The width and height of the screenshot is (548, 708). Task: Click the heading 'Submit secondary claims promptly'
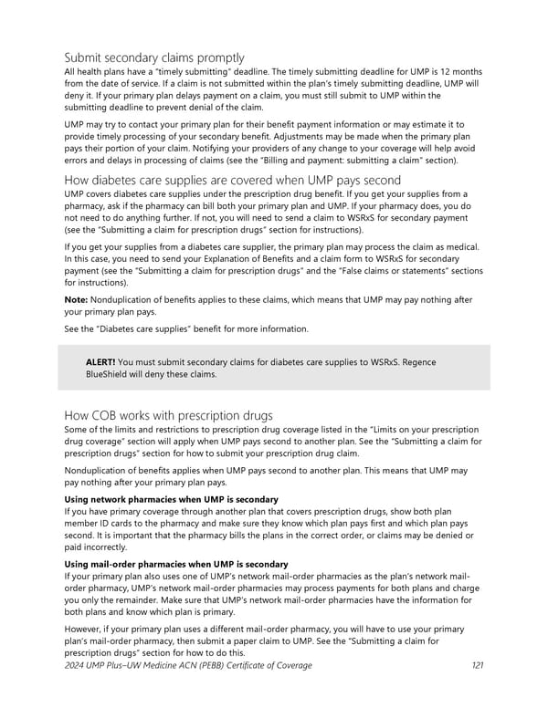(153, 57)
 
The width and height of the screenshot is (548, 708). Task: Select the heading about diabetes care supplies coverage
(233, 180)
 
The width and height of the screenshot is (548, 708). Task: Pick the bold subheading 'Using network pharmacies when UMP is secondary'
(171, 499)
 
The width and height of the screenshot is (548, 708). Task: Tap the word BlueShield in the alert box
(112, 374)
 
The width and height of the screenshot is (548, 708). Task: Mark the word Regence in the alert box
(417, 362)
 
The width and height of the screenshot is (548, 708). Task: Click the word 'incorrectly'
(103, 548)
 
